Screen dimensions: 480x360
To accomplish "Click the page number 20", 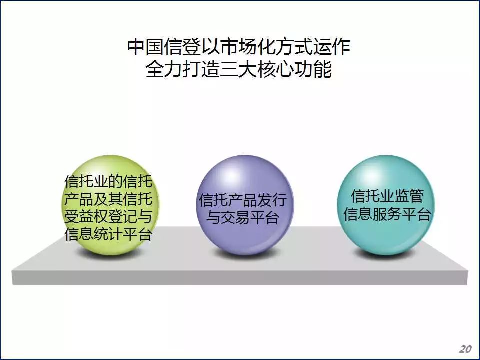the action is coord(465,349).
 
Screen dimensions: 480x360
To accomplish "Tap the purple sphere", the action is coord(245,205).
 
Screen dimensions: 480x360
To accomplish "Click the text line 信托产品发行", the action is coord(243,200).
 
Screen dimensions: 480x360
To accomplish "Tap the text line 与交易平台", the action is coord(243,218).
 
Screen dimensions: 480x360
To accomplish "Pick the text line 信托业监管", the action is coord(387,196).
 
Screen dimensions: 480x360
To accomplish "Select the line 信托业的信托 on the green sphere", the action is coord(108,181).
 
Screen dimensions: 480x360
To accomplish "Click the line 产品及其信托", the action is coord(108,199).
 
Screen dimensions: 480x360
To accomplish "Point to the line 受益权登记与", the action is coord(108,216).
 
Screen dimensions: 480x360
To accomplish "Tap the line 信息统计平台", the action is coord(108,234).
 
